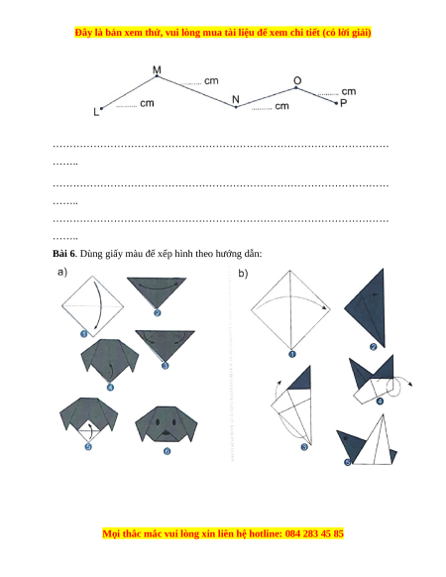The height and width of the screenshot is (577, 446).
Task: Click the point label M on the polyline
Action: tap(157, 69)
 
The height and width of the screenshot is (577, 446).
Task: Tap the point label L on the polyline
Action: tap(96, 112)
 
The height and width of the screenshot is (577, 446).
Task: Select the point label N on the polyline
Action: tap(236, 99)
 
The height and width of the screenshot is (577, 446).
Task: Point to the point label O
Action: tap(297, 81)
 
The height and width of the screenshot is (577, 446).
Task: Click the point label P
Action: tap(343, 103)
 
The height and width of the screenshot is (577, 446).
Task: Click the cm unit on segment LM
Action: tap(147, 103)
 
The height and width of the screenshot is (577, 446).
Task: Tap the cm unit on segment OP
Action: tap(349, 91)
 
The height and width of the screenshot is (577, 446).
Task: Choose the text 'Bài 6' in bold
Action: tap(63, 254)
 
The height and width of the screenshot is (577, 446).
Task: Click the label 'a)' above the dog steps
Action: tap(62, 272)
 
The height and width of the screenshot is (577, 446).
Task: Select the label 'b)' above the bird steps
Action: tap(243, 274)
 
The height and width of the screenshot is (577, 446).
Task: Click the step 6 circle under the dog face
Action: tap(167, 451)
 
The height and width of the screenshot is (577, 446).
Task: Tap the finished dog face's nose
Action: tap(167, 432)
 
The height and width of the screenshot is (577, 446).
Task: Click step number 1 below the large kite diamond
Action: tap(292, 354)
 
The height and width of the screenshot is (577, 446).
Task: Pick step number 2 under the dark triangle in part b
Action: tap(374, 347)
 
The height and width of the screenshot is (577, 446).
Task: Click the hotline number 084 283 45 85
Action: tap(314, 533)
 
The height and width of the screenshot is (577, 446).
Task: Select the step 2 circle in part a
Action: tap(158, 312)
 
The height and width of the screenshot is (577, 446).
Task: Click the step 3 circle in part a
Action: tap(166, 366)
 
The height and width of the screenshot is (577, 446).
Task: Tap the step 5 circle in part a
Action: tap(88, 447)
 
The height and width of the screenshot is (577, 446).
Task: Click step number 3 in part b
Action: tap(304, 447)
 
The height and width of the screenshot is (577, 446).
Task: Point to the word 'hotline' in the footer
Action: tap(266, 533)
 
